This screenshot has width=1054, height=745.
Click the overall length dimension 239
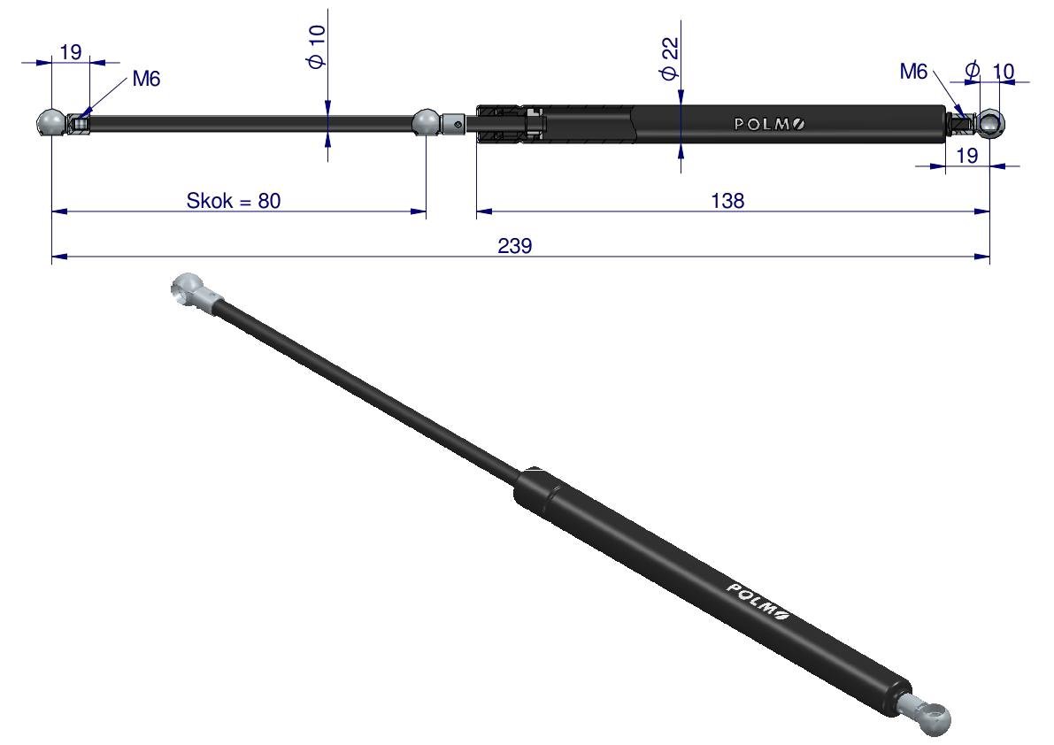click(515, 246)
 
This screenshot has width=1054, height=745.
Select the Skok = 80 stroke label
click(234, 201)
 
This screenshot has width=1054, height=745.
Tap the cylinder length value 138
click(727, 201)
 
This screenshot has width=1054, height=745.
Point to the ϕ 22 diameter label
click(670, 59)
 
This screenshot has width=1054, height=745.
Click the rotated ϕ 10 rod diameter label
click(316, 46)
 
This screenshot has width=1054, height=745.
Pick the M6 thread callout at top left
click(146, 79)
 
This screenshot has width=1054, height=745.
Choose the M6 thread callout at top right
click(913, 71)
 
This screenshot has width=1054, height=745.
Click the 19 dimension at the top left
click(70, 51)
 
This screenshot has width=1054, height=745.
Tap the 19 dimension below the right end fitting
click(966, 156)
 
